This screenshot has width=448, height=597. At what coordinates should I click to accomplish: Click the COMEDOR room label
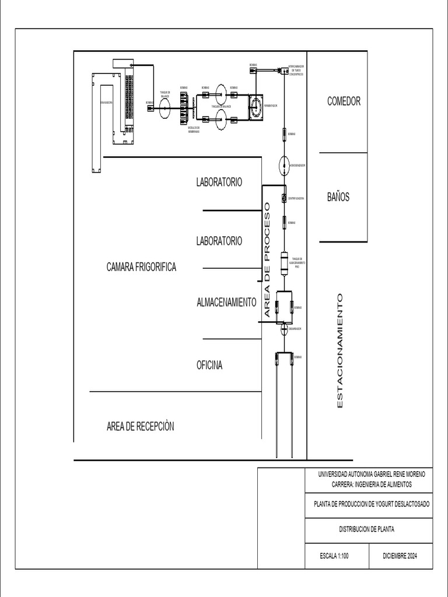click(x=344, y=101)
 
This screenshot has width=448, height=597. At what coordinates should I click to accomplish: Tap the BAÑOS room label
click(x=338, y=197)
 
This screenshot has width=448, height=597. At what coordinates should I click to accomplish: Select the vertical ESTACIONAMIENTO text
click(x=341, y=350)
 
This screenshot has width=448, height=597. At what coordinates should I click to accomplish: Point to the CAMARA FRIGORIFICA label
click(x=141, y=267)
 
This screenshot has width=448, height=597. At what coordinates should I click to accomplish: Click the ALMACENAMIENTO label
click(x=227, y=302)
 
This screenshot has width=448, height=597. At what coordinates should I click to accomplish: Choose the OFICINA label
click(x=209, y=366)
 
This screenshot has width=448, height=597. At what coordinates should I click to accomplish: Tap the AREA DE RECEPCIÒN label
click(x=140, y=426)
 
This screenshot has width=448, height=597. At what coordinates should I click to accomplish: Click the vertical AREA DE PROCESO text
click(x=268, y=260)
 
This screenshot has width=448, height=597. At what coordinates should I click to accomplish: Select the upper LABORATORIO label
click(x=219, y=182)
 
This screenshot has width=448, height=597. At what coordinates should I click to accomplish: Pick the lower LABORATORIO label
click(x=219, y=240)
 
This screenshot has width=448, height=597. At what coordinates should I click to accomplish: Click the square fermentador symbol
click(x=256, y=107)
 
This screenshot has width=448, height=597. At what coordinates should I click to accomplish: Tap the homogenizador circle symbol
click(x=284, y=166)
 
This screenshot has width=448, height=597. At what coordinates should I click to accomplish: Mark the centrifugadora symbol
click(x=284, y=198)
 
